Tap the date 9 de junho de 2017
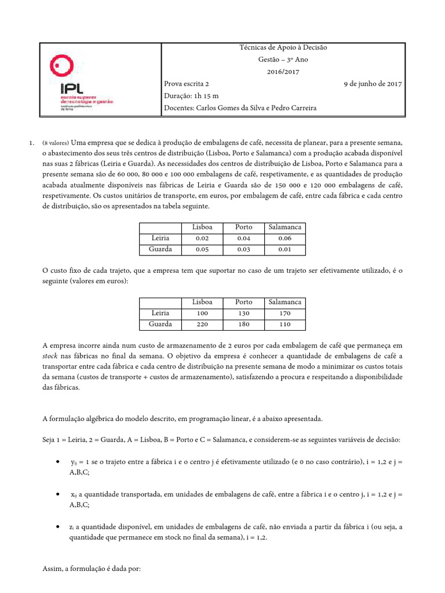pos(373,84)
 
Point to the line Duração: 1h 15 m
pos(192,96)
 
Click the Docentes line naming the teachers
pos(240,108)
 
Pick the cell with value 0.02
pos(202,238)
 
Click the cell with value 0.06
pos(284,238)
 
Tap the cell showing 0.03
pos(243,250)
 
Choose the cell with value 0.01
pos(284,250)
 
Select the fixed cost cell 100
pos(202,313)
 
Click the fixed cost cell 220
pos(202,324)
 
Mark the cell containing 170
pos(284,313)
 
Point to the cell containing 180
pos(243,324)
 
